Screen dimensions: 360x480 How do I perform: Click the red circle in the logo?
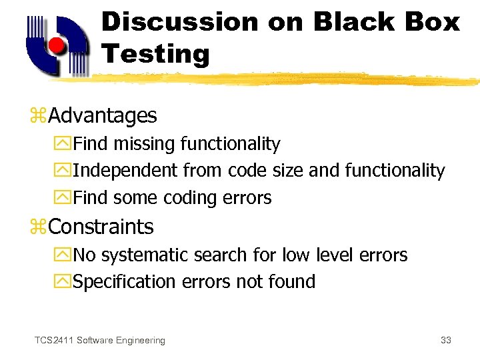58,45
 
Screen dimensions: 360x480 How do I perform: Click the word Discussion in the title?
179,21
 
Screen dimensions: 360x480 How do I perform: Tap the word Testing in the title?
155,53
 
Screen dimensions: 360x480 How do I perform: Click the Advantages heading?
103,116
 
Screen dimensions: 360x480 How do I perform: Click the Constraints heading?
101,227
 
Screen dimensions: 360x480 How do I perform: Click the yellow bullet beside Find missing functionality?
65,144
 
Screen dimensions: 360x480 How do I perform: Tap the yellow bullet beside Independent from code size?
65,171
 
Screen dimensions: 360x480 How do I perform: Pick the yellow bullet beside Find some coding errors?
65,198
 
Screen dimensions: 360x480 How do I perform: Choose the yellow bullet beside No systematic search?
65,255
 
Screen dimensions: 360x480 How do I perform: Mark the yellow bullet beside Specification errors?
65,282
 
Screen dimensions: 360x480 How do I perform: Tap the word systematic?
145,255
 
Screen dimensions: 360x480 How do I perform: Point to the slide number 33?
446,341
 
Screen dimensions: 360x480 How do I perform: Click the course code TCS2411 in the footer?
54,341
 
